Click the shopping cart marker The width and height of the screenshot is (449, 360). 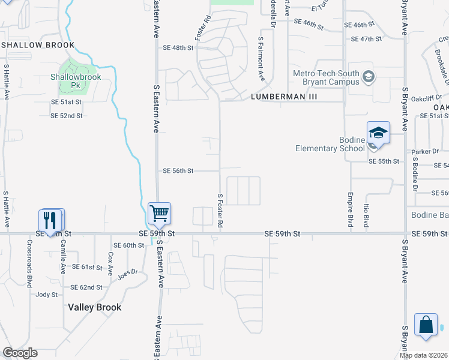[159, 213]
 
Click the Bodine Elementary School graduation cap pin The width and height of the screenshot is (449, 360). [378, 133]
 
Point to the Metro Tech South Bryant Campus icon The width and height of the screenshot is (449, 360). [369, 76]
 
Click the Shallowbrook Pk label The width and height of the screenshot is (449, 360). [76, 81]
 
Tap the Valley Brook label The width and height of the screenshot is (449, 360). [95, 307]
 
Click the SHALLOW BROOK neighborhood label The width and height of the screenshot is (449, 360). [38, 45]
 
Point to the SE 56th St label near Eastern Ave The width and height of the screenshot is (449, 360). [178, 171]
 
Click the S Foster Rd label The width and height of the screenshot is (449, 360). [220, 210]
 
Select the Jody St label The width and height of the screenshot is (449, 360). [47, 295]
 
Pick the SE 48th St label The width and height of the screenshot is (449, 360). [178, 47]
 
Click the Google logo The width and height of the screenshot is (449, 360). [20, 353]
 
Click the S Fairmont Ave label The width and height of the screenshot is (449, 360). [261, 59]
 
